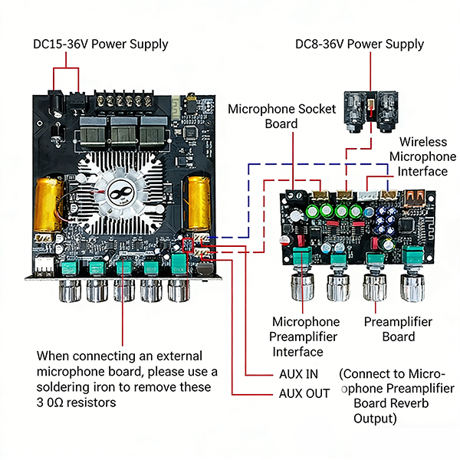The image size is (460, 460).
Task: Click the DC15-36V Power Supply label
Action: tap(100, 44)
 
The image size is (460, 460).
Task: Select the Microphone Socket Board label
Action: tap(281, 117)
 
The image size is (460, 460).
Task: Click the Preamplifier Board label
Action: tap(398, 329)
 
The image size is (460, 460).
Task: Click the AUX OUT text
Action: tap(304, 393)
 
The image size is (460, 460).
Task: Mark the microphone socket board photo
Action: tap(371, 111)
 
